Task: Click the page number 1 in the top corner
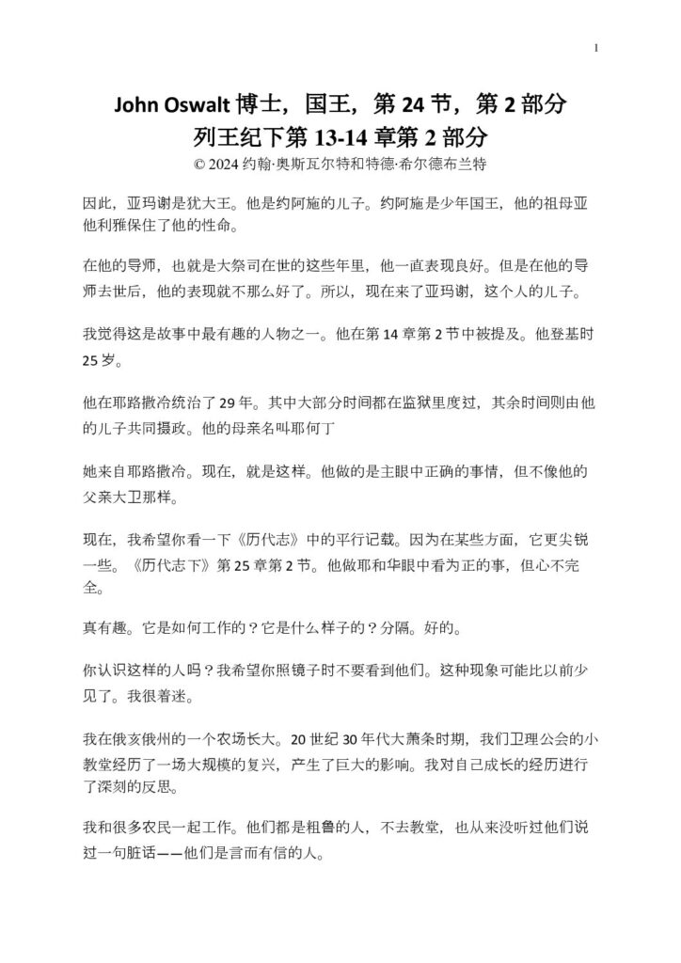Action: (596, 48)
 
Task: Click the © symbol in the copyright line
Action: (198, 163)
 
